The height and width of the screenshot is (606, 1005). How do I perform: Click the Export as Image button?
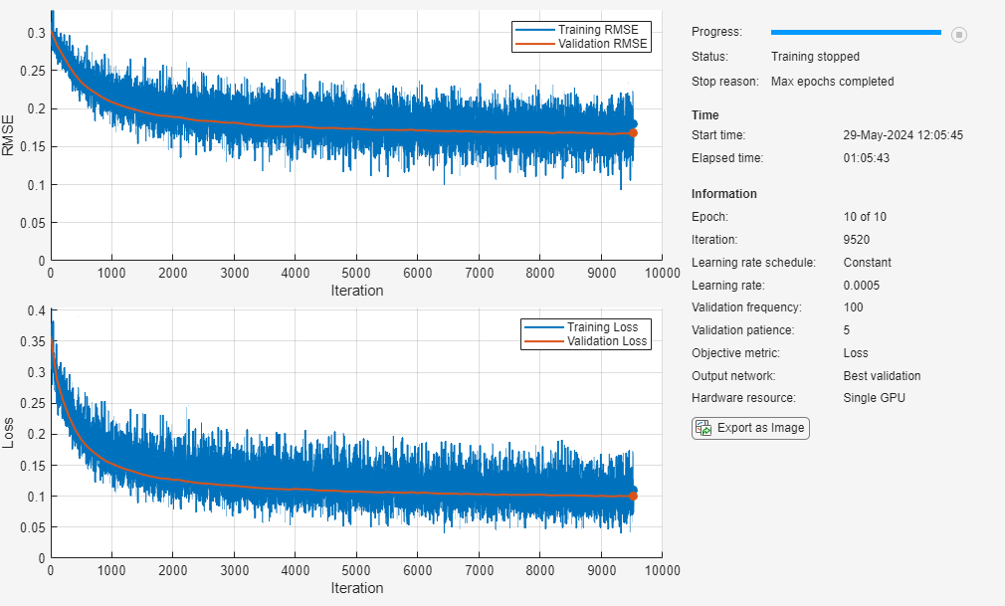(751, 428)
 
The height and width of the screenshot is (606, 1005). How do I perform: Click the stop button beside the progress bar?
(959, 35)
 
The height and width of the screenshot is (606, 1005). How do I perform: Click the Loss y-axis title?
(9, 433)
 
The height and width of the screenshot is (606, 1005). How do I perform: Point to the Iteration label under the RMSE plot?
(356, 291)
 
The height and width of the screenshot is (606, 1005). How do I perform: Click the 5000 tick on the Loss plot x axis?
(356, 570)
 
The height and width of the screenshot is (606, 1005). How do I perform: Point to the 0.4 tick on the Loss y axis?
(37, 310)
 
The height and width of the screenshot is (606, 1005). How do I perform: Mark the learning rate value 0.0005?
(862, 286)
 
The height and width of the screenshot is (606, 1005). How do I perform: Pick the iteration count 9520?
(857, 239)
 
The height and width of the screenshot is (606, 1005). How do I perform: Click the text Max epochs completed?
(832, 82)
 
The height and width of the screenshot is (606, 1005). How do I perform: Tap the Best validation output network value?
(882, 376)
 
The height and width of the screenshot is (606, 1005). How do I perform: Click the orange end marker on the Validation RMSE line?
(633, 132)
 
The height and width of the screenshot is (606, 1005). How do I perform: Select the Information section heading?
(723, 194)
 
